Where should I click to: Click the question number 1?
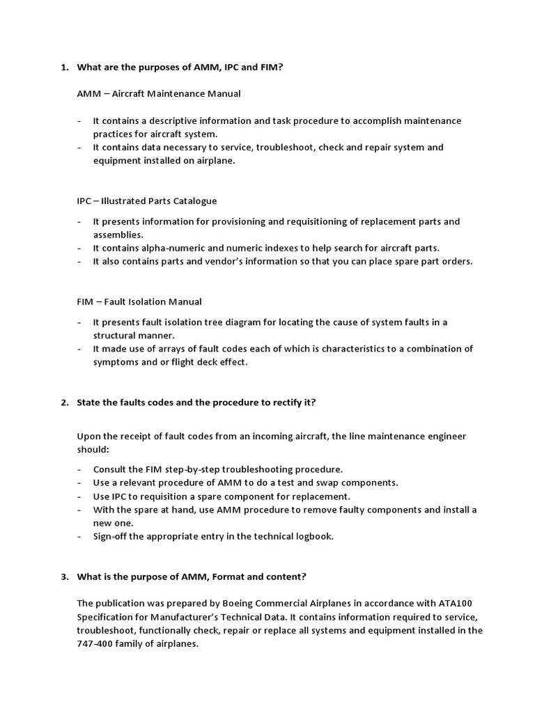(63, 67)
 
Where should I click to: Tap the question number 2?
(63, 402)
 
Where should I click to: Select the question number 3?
(63, 577)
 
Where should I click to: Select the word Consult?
(111, 469)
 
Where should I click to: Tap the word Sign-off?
(114, 536)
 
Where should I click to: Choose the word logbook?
(313, 536)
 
